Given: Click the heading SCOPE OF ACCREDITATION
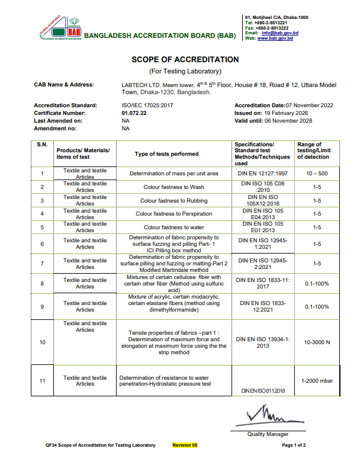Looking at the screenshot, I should [185, 60].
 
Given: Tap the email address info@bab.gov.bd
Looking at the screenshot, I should [279, 33].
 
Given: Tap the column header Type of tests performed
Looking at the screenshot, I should [166, 153].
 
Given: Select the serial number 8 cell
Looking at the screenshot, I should [42, 284].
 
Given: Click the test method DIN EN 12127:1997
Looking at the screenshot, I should [262, 173].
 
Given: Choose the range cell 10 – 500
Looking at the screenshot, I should [317, 173].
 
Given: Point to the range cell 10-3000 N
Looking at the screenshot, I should [317, 342].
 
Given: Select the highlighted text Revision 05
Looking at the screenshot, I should [185, 445].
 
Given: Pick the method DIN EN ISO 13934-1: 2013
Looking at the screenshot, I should [263, 342].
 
